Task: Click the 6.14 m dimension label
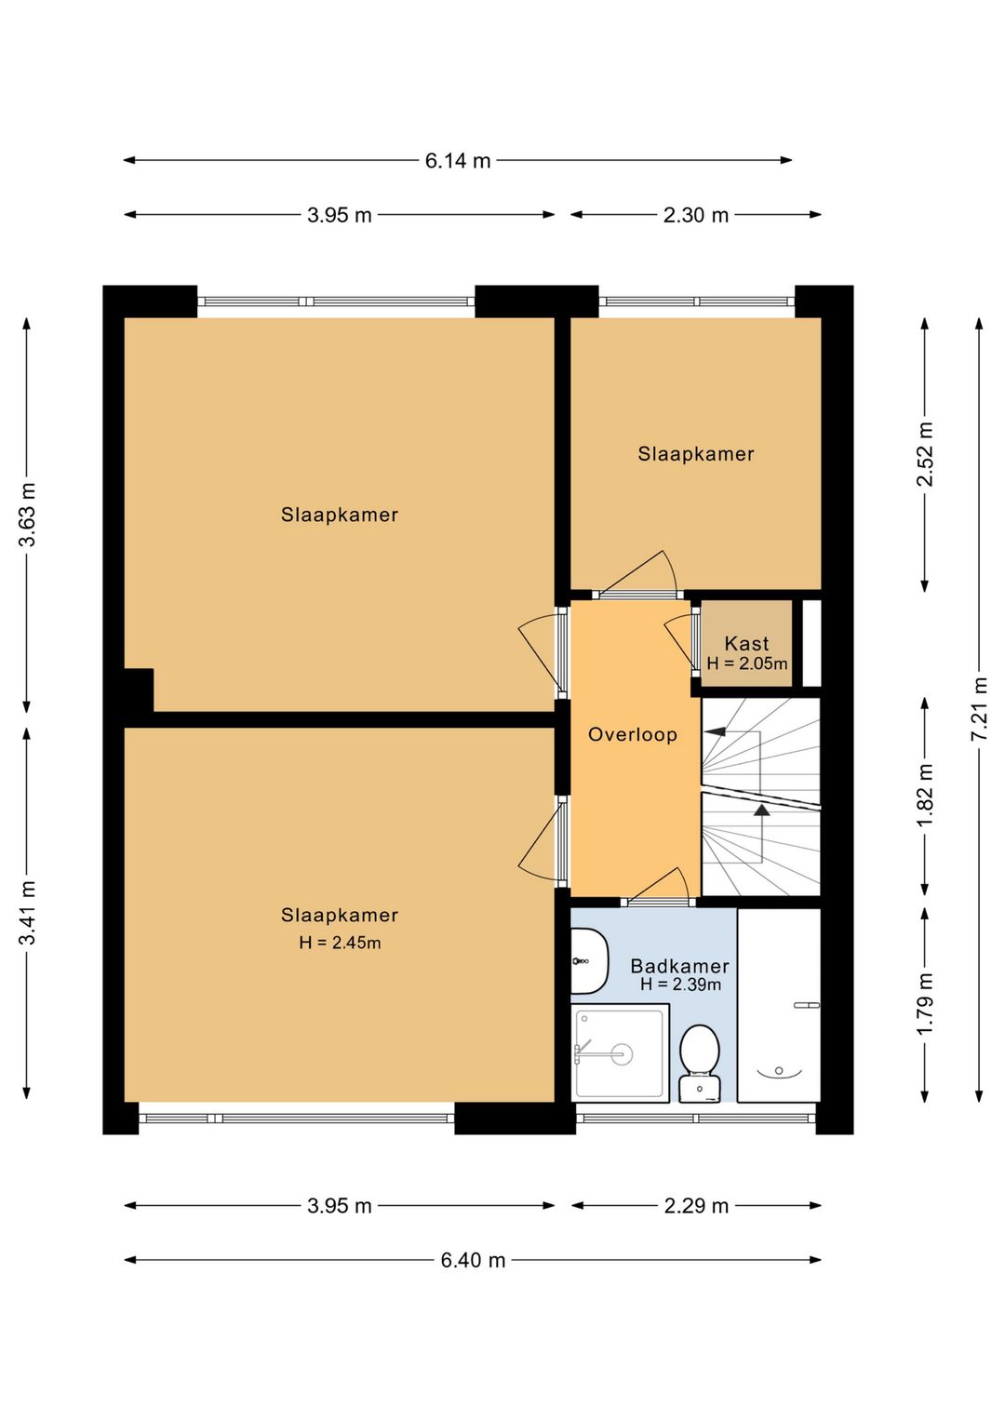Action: coord(457,161)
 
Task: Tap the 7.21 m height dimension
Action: coord(980,708)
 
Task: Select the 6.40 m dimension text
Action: coord(473,1260)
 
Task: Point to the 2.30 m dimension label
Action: coord(695,216)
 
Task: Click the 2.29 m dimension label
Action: coord(695,1206)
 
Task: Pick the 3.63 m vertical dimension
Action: coord(27,515)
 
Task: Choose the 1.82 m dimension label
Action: coord(925,795)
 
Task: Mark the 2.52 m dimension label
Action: coord(925,453)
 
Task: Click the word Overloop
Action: coord(632,735)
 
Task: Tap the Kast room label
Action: coord(746,643)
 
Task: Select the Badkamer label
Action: coord(679,966)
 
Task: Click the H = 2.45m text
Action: coord(340,943)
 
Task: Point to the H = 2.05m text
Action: coord(747,663)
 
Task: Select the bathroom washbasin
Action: coord(589,961)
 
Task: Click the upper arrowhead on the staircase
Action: coord(716,731)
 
